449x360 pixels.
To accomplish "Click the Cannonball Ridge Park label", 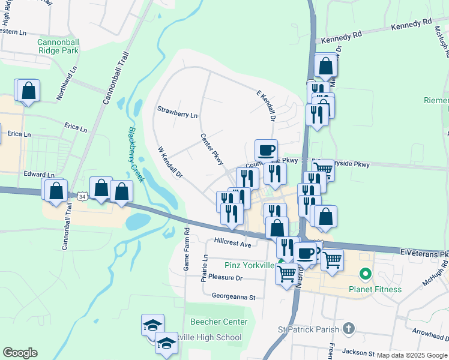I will pos(58,46).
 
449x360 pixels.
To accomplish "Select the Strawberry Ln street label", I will pos(177,111).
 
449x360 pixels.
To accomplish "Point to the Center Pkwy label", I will pos(212,149).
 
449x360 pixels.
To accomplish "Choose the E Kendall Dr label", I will pos(265,106).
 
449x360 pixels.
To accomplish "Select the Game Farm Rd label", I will pos(187,248).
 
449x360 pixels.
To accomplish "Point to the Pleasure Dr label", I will pos(222,278).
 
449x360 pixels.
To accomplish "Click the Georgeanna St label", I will pos(234,296).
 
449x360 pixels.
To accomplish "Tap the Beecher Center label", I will pos(219,322).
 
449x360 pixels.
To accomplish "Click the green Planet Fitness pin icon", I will pos(363,275).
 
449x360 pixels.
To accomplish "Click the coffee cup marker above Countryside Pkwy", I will pos(266,150).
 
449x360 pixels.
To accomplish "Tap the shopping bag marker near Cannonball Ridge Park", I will pos(28,91).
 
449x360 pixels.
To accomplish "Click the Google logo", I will pos(20,353).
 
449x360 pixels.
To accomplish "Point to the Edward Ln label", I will pos(39,175).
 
